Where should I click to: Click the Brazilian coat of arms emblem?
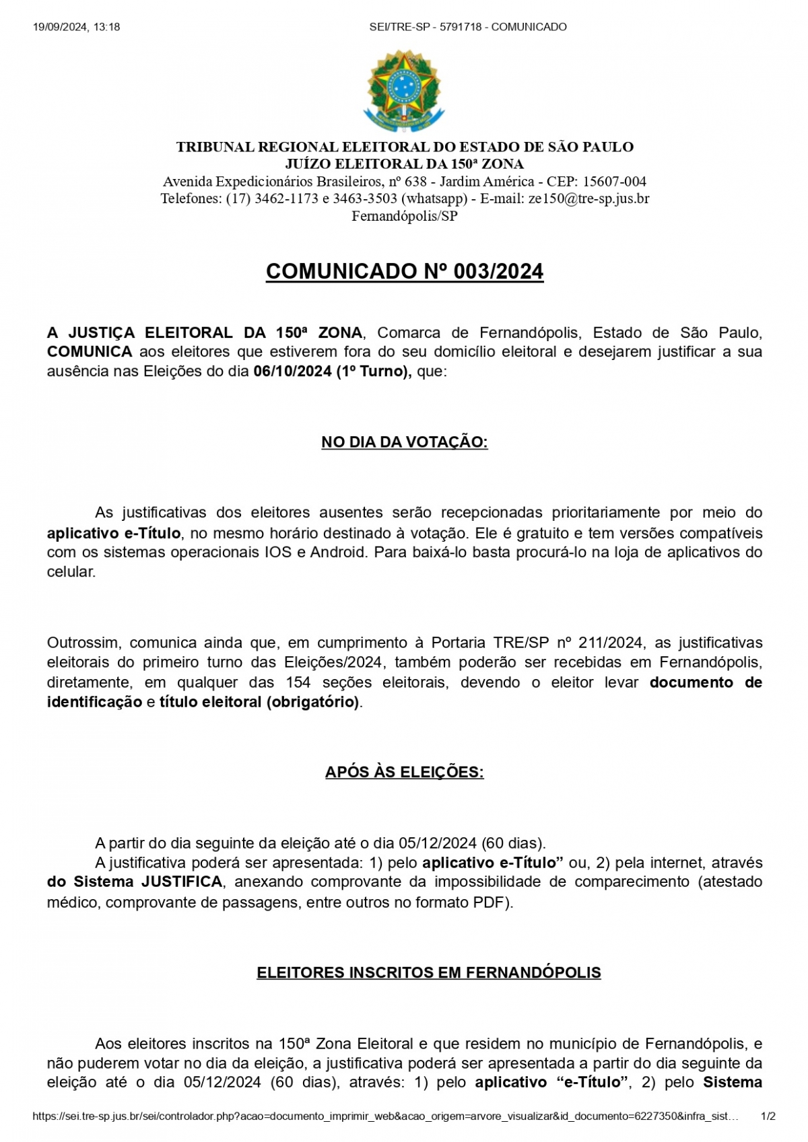coord(404,91)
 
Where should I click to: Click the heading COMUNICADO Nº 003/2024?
coord(404,271)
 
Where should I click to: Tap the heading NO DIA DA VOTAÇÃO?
coord(404,442)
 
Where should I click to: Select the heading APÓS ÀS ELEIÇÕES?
coord(404,772)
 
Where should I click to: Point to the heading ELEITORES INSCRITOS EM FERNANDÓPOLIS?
coord(428,972)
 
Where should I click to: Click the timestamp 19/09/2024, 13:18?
coord(76,27)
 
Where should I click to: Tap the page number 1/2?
coord(768,1116)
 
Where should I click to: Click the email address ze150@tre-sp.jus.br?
coord(588,199)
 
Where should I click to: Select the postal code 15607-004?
coord(614,181)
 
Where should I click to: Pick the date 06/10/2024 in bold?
coord(292,371)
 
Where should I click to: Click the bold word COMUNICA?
coord(90,351)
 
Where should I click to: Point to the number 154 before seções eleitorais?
coord(298,682)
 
